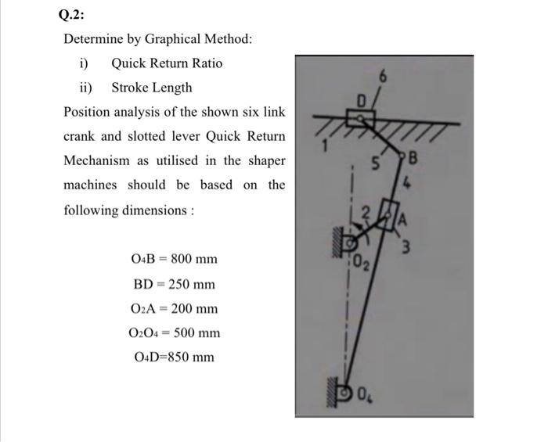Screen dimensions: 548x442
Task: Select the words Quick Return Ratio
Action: coord(167,63)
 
